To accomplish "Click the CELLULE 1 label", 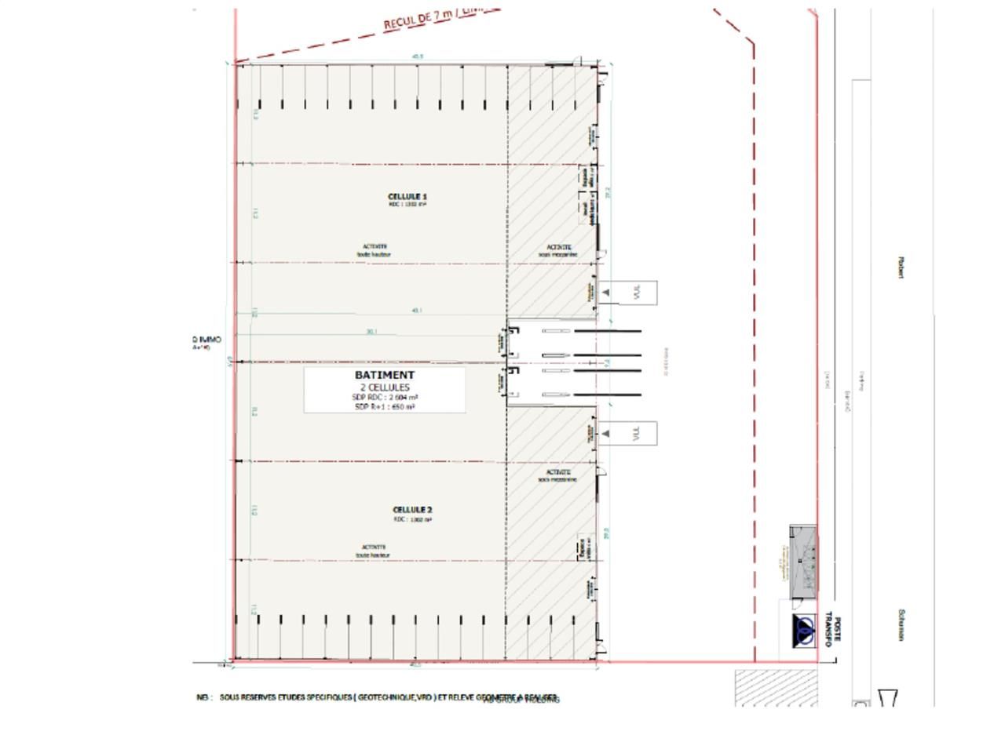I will (x=407, y=196).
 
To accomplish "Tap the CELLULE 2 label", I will (x=412, y=510).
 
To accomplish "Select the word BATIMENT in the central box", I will (x=385, y=375).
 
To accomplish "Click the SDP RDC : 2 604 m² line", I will (x=385, y=398).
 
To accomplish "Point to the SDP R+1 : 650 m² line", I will (x=385, y=407).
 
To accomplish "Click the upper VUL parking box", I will (x=628, y=293).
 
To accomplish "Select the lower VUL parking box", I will (x=628, y=433).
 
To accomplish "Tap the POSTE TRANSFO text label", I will (x=831, y=631).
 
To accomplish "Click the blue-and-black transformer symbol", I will (x=804, y=631).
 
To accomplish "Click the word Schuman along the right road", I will (x=902, y=625).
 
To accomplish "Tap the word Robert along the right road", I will (x=901, y=267).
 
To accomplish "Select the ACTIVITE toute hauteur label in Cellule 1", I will (x=374, y=250).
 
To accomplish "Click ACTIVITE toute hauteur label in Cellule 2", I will (x=374, y=551).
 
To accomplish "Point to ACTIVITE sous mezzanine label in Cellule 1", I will (x=558, y=250).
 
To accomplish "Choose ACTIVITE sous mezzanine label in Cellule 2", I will (x=557, y=475).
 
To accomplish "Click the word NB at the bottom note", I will (x=203, y=697).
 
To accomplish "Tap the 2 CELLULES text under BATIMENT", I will (x=385, y=387).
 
